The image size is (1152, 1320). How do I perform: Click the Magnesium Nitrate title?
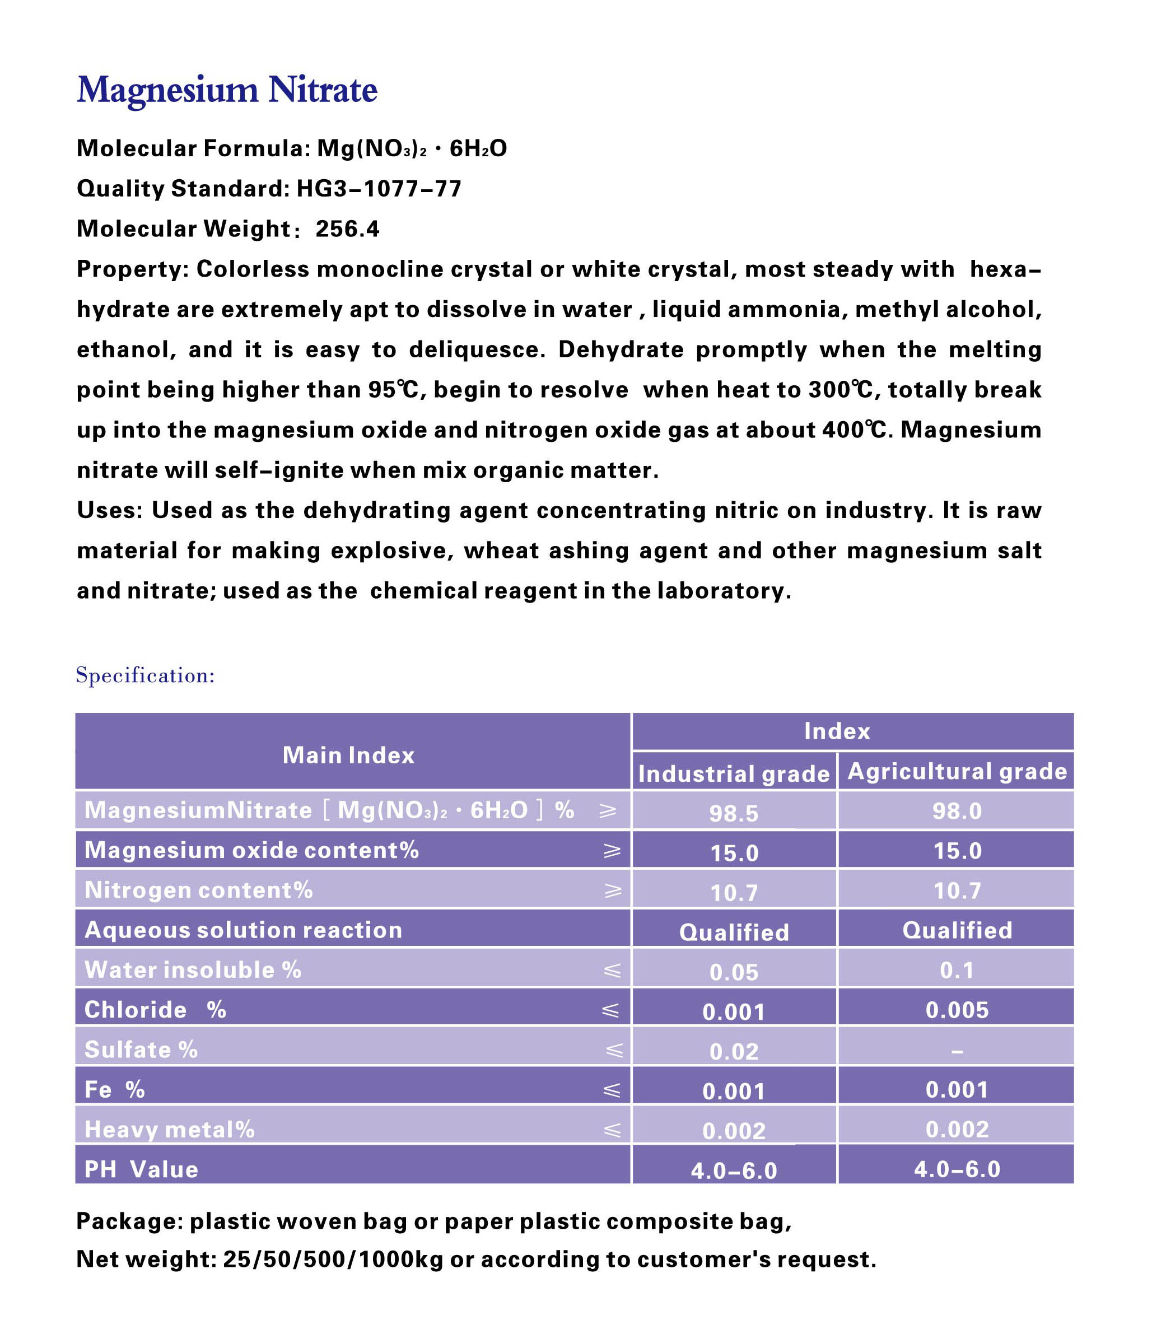click(x=227, y=90)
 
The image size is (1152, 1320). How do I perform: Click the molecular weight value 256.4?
click(x=347, y=229)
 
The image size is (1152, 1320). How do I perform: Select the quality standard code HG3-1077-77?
click(x=379, y=189)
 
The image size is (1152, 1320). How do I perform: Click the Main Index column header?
click(x=348, y=755)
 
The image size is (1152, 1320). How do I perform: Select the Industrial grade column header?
click(x=734, y=773)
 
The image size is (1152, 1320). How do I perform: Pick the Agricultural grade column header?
click(x=957, y=771)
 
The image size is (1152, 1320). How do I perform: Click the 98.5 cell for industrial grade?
click(x=734, y=813)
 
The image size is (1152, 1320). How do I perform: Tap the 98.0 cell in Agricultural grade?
click(x=957, y=811)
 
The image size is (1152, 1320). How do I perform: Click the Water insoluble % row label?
click(x=193, y=969)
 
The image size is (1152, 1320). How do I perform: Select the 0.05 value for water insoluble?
click(x=734, y=972)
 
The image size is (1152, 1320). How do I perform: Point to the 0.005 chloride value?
click(x=957, y=1010)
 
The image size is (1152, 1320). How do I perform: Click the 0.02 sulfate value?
click(x=734, y=1051)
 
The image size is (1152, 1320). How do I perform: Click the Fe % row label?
click(x=114, y=1090)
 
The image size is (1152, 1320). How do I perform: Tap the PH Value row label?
click(x=142, y=1169)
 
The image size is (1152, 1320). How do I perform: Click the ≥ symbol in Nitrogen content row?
click(x=613, y=890)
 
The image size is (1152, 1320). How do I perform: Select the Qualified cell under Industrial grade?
click(x=734, y=932)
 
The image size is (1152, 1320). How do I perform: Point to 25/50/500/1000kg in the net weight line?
click(x=333, y=1260)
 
